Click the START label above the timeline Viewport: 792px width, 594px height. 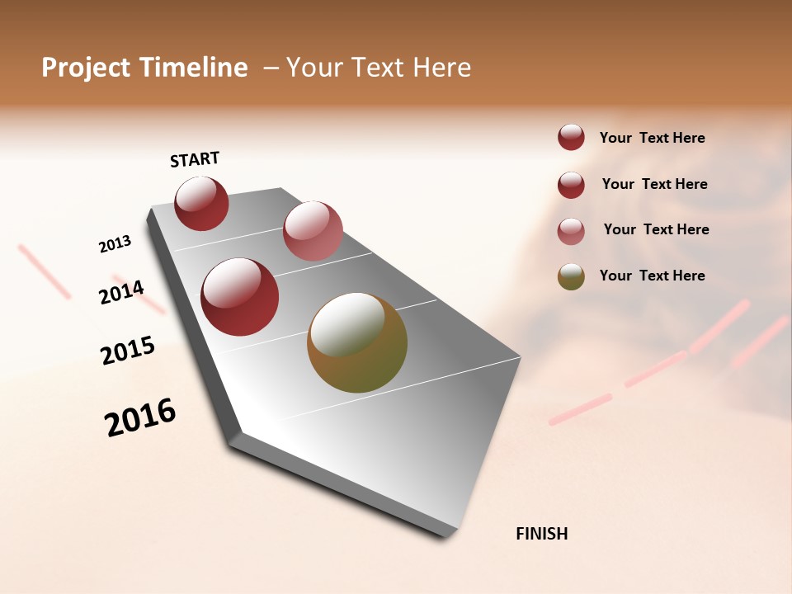[195, 159]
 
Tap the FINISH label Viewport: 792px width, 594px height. [541, 534]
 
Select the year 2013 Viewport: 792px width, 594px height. [115, 244]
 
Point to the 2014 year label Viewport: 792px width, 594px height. [121, 292]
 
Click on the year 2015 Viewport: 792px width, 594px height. [128, 351]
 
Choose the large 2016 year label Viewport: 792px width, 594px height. [140, 417]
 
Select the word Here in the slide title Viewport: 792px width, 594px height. [441, 68]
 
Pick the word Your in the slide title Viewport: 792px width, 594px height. [314, 68]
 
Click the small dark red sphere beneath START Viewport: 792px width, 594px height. [201, 204]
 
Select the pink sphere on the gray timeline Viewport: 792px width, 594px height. [313, 231]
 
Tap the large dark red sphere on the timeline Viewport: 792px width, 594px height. [239, 297]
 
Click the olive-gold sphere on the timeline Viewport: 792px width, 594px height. [357, 343]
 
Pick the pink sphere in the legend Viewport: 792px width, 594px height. [571, 230]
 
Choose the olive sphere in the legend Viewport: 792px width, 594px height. [571, 276]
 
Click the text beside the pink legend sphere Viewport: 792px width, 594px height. [656, 229]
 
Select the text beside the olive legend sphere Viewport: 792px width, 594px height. [652, 276]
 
